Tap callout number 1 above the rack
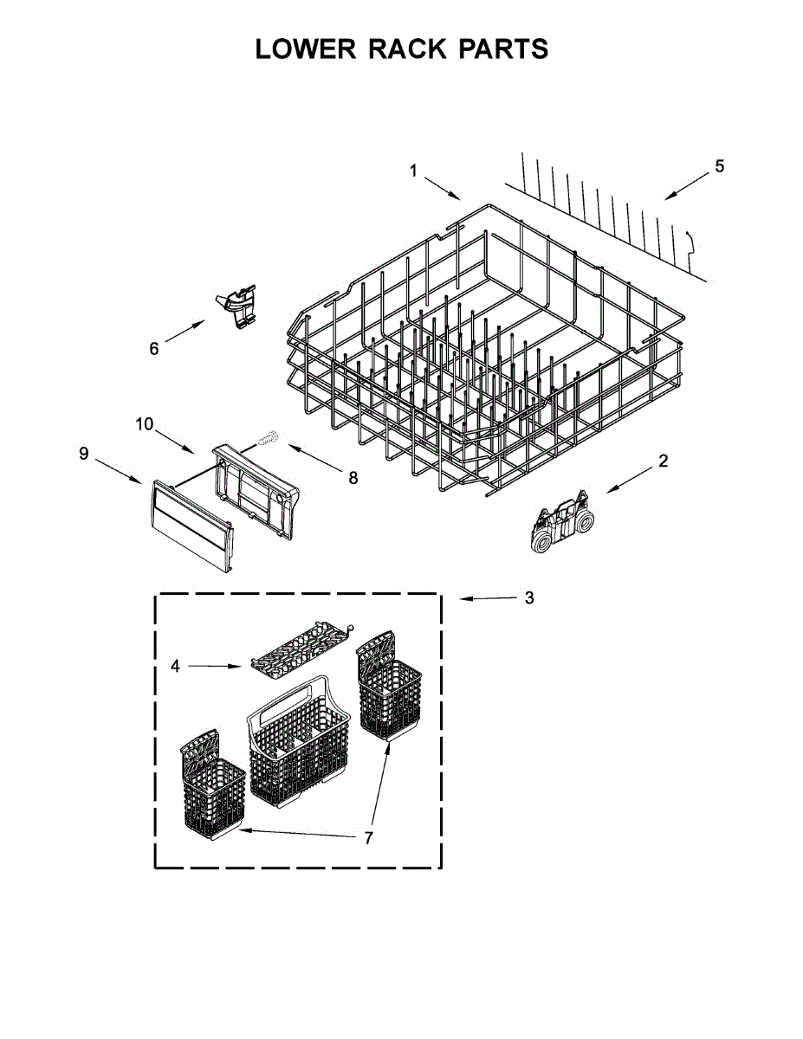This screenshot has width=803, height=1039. tap(413, 171)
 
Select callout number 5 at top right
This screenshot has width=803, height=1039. tap(720, 166)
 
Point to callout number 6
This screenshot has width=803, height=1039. tap(154, 348)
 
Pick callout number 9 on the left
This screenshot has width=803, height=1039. tap(84, 454)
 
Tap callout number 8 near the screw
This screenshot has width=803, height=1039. tap(353, 477)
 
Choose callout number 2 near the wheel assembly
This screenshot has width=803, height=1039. tap(663, 461)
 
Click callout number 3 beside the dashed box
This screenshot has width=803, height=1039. tap(529, 598)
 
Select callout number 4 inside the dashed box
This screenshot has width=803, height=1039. tap(175, 666)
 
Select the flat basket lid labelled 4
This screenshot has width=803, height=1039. tap(300, 645)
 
